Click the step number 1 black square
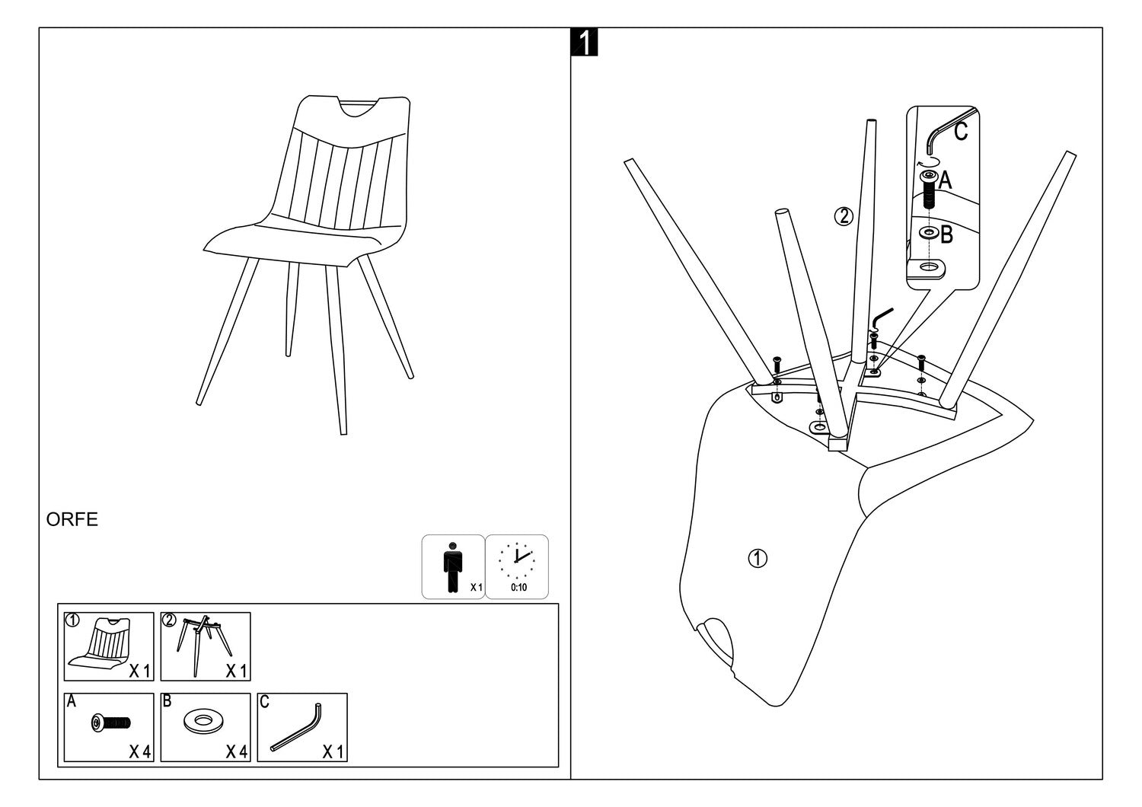point(584,43)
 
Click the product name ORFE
point(72,520)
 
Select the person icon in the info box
point(452,567)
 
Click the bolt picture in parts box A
point(110,722)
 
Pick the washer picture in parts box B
point(203,721)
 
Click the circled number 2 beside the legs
point(844,217)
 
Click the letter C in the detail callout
point(961,132)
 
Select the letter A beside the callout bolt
point(945,180)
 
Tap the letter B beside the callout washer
point(946,234)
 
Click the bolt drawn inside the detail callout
point(928,189)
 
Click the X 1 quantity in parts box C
point(333,752)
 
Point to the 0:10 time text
point(518,588)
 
